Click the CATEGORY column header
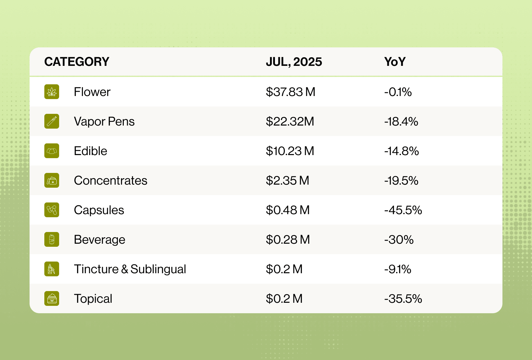coord(77,62)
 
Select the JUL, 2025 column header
coord(294,62)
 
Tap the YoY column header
coord(395,62)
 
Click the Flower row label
coord(92,92)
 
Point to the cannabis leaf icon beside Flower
coord(52,92)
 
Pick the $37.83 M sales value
coord(290,92)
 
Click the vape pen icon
coord(52,121)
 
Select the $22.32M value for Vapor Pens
coord(290,121)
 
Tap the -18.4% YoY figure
coord(401,121)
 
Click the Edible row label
coord(91,151)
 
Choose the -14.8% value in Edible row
coord(401,151)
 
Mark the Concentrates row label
coord(111,180)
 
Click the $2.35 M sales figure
coord(287,180)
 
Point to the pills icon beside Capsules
coord(52,210)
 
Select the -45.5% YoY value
coord(403,210)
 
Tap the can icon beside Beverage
coord(52,239)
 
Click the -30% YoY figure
coord(399,239)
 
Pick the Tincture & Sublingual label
coord(130,269)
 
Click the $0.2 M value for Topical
coord(284,298)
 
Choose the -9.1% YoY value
coord(397,269)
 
